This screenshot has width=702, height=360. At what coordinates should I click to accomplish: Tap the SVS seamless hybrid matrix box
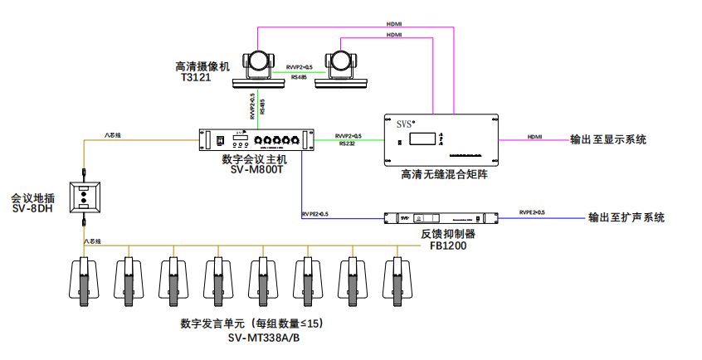point(440,139)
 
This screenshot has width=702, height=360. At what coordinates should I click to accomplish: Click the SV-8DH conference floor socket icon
point(85,197)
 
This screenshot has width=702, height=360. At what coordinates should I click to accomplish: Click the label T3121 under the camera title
point(196,78)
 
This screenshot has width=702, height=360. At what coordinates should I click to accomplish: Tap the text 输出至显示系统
point(607,139)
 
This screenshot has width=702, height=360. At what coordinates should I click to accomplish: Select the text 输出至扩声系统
point(626,218)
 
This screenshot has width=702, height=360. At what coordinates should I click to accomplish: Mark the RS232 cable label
point(348,144)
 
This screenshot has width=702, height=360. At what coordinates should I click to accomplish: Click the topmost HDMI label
point(394,25)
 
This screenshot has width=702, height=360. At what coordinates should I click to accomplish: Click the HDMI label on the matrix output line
point(535,135)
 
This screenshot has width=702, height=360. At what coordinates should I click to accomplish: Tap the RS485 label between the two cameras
point(299,76)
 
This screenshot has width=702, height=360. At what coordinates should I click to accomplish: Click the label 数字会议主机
point(254,158)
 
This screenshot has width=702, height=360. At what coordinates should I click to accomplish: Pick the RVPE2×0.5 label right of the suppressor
point(532,213)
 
